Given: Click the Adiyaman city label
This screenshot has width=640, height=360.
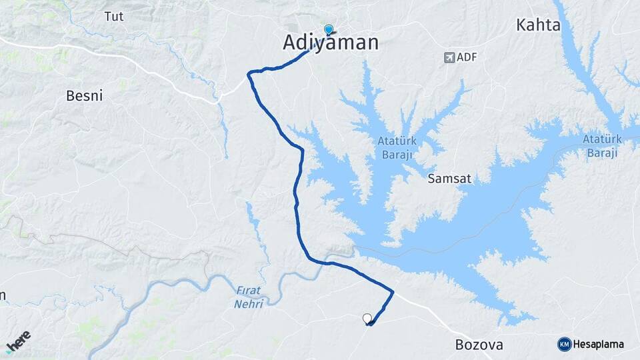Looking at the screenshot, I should pos(331,43).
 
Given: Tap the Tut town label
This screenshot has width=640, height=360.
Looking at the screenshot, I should pos(113,17).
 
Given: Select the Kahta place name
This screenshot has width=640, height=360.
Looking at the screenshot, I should pos(538,25).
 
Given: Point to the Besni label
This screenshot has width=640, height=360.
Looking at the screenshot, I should pos(85,95).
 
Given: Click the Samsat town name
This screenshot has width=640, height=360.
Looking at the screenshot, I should pos(449,179).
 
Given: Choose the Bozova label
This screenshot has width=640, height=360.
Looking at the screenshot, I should pos(479,345).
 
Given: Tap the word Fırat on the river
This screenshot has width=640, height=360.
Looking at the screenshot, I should pos(249,291).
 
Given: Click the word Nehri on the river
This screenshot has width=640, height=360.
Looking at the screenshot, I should pos(249,303).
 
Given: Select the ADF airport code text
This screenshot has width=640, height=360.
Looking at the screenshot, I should pos(468,57).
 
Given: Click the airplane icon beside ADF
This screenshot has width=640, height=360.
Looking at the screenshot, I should pos(449,57).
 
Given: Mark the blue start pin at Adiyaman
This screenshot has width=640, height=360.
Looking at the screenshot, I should pos(328,29).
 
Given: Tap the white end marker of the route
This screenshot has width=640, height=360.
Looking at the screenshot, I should pos(367,318).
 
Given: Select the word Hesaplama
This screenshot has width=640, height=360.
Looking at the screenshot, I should pos(599,345).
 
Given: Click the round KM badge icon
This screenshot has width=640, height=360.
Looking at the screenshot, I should pos(564,345).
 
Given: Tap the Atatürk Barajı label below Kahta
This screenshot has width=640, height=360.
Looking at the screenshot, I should pos(601,146).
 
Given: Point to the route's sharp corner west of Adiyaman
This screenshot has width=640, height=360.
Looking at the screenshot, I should pos(249,73).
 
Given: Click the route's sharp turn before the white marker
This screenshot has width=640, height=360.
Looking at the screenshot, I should pos(392,291).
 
